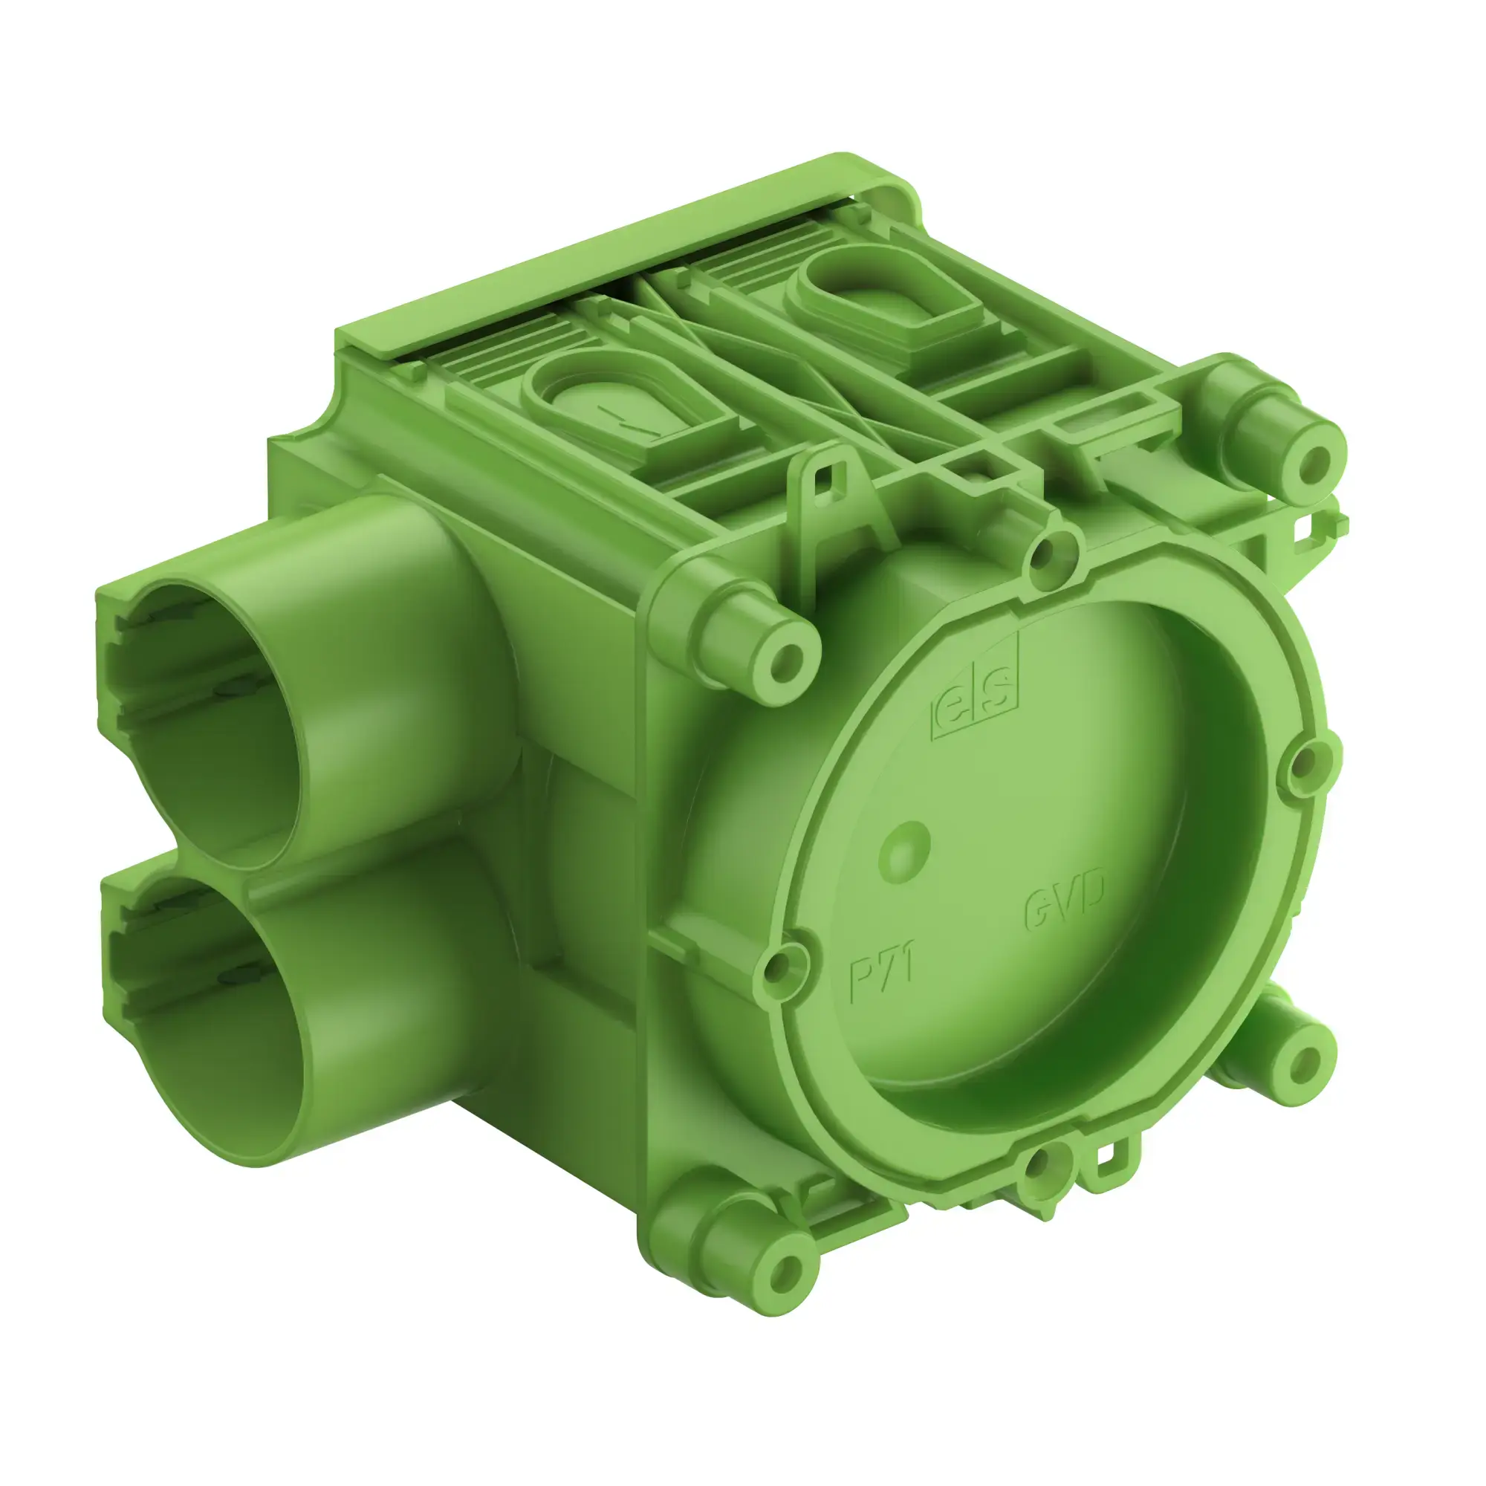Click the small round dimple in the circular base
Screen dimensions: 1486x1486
[904, 850]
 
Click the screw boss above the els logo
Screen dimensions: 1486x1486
[785, 657]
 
